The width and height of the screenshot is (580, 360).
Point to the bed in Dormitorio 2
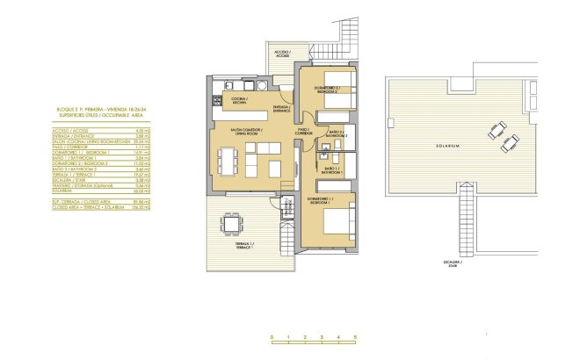click(337, 92)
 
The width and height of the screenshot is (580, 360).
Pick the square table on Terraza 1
click(230, 224)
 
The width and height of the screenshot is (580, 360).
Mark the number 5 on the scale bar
click(356, 337)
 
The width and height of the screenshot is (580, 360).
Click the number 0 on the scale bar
click(272, 337)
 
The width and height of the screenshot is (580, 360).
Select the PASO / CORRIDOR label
click(302, 130)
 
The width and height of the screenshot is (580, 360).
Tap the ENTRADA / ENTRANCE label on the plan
click(282, 109)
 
